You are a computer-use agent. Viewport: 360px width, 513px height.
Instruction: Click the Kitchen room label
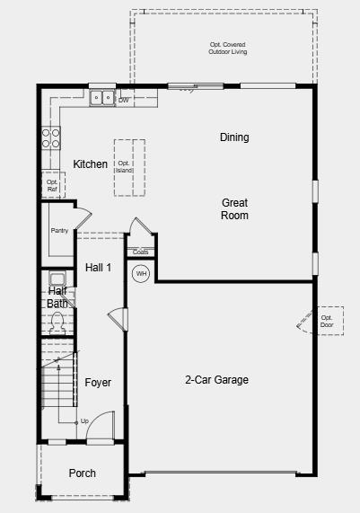91,164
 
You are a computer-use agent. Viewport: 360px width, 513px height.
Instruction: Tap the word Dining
234,137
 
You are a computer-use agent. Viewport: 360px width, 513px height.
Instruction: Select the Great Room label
234,209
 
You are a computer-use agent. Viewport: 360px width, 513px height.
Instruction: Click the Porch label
83,473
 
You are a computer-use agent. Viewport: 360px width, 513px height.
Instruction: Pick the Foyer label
98,383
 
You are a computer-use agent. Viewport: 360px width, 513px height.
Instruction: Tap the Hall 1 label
98,268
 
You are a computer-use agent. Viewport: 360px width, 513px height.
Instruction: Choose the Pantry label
59,231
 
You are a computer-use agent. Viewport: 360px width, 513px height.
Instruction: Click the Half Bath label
57,297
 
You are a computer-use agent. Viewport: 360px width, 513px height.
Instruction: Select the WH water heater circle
141,273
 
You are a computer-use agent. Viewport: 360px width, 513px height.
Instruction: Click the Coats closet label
141,252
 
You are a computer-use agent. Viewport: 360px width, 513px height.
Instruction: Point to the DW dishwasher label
124,100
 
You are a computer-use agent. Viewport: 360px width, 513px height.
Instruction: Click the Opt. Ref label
52,186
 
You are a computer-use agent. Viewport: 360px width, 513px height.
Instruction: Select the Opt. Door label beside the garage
327,321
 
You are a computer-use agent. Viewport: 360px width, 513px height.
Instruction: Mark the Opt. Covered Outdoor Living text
227,49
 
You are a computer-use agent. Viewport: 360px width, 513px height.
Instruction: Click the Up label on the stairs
84,420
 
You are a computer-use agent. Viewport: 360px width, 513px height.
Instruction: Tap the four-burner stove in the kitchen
51,137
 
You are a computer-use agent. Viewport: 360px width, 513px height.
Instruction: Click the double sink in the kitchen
101,98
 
